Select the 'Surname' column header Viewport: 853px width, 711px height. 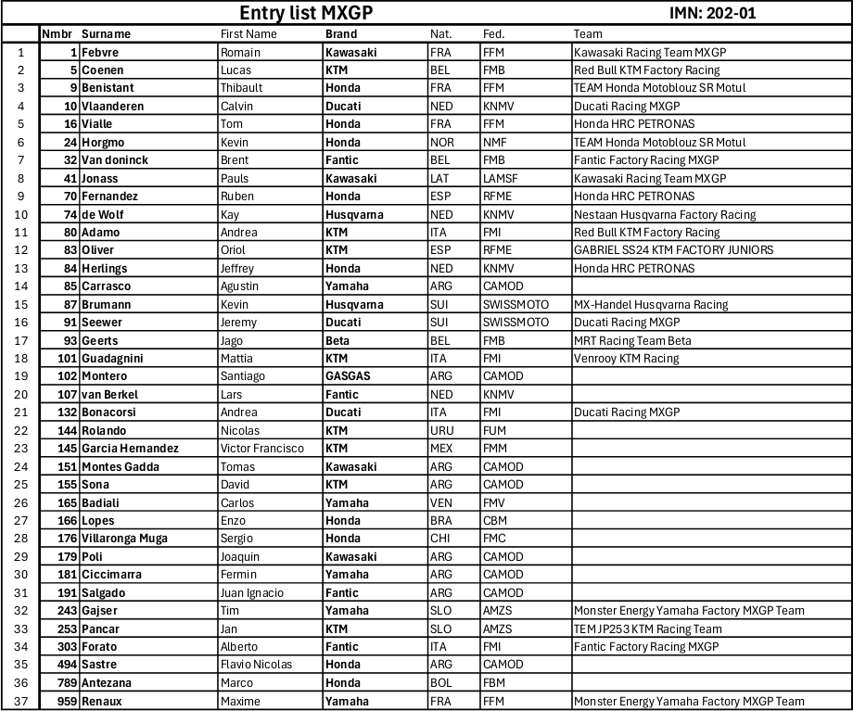pos(106,34)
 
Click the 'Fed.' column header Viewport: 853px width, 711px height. pos(493,34)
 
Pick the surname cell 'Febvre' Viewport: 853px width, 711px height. pos(100,52)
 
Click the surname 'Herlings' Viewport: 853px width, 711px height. pos(104,269)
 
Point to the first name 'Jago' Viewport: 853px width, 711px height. pos(233,340)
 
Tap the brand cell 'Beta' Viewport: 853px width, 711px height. pos(337,340)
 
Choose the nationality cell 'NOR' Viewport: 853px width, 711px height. pos(442,143)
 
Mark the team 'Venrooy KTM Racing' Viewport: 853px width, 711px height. pos(626,358)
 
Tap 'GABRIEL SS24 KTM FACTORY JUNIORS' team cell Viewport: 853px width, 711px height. pos(673,250)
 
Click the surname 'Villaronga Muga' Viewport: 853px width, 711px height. pos(124,539)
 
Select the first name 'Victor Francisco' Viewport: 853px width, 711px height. pos(262,449)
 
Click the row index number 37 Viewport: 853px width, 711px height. pos(19,701)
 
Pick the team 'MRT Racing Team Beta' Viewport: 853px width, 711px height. pos(632,340)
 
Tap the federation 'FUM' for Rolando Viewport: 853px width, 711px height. pos(495,430)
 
